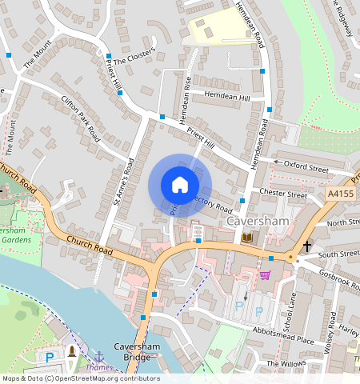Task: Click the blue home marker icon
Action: (180, 185)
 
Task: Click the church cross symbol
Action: (306, 247)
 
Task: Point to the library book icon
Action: (246, 238)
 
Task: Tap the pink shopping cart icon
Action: (265, 275)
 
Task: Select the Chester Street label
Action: (283, 194)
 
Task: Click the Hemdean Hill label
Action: (227, 96)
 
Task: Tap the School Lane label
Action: (293, 308)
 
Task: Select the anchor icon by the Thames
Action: (99, 356)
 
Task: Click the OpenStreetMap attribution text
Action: (81, 378)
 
